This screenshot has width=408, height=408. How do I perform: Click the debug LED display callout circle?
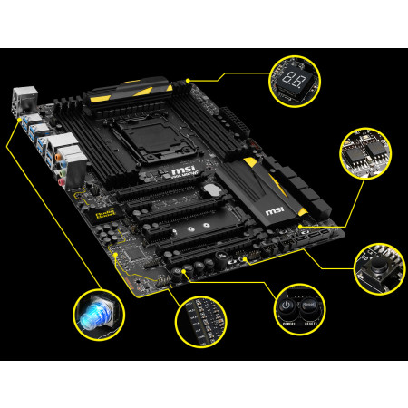click(x=296, y=80)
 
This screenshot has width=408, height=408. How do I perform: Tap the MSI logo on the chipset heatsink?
click(x=275, y=211)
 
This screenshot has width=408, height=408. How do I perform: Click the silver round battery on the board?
click(x=210, y=190)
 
